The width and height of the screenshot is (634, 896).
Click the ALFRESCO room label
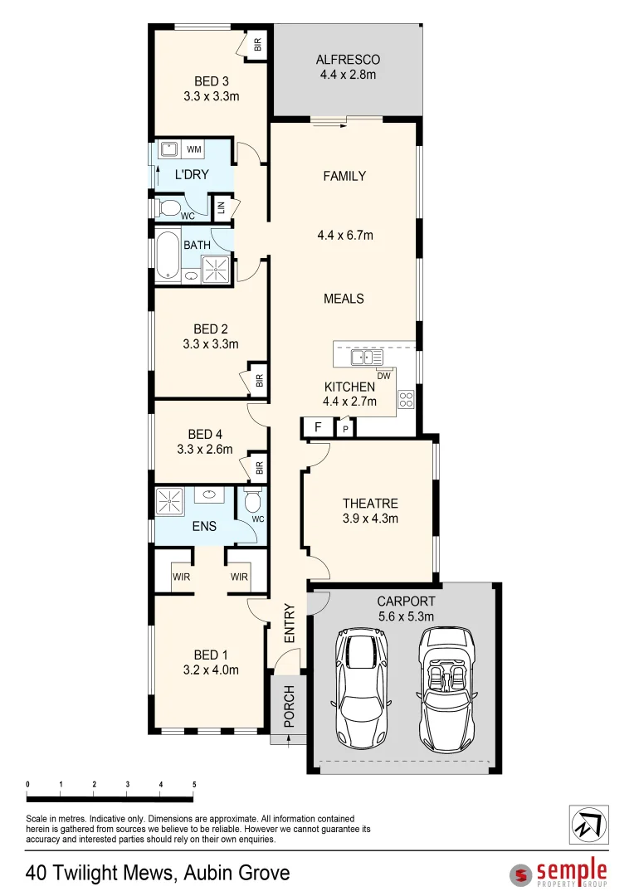pos(348,60)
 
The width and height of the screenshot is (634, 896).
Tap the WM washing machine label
pos(194,149)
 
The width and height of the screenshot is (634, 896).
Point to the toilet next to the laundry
pos(170,207)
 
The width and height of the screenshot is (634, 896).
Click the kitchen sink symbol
pos(366,358)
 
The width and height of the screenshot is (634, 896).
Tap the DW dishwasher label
pos(383,377)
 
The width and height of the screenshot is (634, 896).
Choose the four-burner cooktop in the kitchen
pos(406,399)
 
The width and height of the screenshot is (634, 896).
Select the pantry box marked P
pos(345,430)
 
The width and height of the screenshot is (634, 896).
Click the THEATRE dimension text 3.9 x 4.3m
pos(371,519)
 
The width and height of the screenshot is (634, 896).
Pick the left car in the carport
pos(361,688)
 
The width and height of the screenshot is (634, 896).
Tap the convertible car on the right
pos(447,688)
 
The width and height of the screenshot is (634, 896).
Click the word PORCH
pos(289,706)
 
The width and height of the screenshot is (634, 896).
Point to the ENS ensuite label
pos(204,526)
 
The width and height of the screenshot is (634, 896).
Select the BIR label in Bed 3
pos(257,45)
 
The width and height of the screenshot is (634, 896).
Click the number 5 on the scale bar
pos(193,784)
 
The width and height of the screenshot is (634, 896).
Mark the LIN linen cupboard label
pos(222,207)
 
